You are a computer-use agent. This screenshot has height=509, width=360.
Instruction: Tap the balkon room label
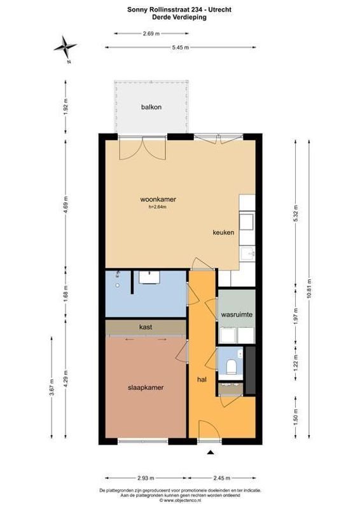(x=151, y=107)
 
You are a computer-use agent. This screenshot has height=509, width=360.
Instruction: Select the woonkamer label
(x=158, y=199)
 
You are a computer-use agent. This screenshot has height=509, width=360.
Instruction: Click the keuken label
(x=224, y=233)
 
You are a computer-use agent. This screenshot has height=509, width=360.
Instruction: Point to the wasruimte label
(x=237, y=315)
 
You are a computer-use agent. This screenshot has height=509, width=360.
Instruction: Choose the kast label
(x=146, y=327)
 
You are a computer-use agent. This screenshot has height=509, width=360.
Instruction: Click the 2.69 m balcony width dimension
(x=152, y=33)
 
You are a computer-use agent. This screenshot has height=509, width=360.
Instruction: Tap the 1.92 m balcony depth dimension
(x=66, y=106)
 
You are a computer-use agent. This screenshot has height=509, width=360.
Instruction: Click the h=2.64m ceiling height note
(x=157, y=207)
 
